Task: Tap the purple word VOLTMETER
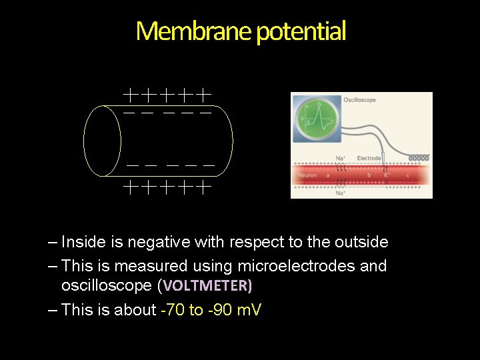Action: click(x=207, y=287)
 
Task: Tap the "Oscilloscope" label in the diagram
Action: click(x=359, y=100)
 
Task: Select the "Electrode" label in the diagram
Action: click(x=369, y=158)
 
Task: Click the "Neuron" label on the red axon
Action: click(x=307, y=175)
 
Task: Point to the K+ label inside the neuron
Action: click(x=387, y=175)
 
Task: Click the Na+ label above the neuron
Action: click(x=341, y=158)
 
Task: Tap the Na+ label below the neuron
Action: click(x=341, y=193)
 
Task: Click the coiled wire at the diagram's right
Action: click(x=418, y=158)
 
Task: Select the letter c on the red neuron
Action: click(x=407, y=175)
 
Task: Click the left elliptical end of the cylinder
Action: click(x=103, y=141)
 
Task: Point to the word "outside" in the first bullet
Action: click(x=361, y=242)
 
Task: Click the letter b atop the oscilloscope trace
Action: click(x=320, y=105)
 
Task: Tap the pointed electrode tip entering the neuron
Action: click(x=385, y=180)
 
